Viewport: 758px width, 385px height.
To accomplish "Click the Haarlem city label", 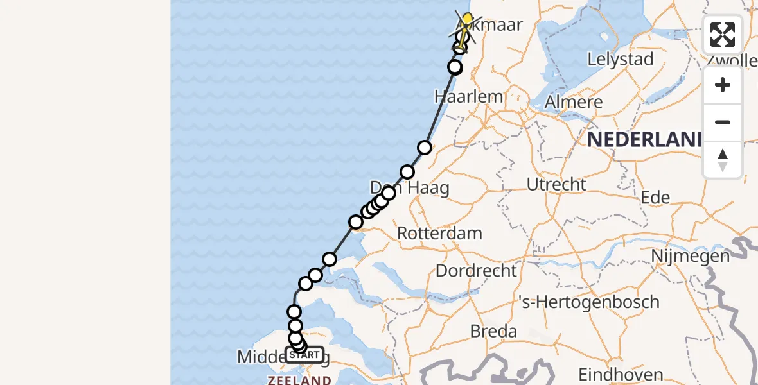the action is [x=468, y=97].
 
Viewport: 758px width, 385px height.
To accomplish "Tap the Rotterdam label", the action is [x=439, y=233].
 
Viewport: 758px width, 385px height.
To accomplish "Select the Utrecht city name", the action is [x=556, y=184].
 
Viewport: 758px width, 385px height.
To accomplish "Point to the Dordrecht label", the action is [x=476, y=270].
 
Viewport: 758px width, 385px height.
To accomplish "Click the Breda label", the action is [x=493, y=331].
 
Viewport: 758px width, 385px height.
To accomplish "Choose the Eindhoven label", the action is [x=621, y=374].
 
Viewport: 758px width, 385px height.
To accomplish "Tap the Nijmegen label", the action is [x=690, y=256].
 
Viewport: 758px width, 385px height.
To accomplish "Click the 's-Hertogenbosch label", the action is [x=589, y=302].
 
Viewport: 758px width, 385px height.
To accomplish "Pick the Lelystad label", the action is [x=621, y=60].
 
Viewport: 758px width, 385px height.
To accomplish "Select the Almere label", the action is [x=574, y=102].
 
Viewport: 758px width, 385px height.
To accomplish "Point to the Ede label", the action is [x=655, y=198].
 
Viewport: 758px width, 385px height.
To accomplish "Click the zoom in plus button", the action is [x=723, y=85].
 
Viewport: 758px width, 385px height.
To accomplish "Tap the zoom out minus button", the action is [x=723, y=122].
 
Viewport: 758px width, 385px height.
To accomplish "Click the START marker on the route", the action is [x=304, y=354].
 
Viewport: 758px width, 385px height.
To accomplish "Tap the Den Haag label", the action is [x=409, y=188].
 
